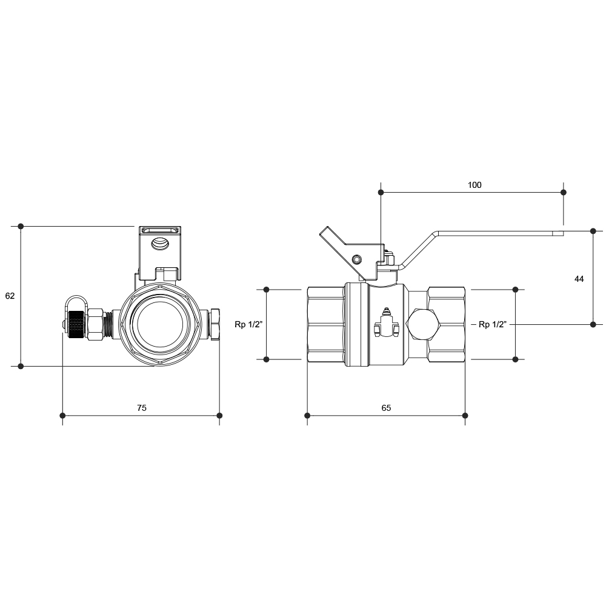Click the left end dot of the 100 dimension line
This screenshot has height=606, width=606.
(x=381, y=192)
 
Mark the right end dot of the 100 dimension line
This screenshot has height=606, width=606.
(x=564, y=192)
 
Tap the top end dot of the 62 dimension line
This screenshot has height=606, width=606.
(x=21, y=226)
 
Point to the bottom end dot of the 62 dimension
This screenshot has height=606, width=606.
(x=21, y=366)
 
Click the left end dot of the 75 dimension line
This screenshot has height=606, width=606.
(x=62, y=416)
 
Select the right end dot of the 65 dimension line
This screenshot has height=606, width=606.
(x=465, y=416)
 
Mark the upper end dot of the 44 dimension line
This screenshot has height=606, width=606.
(x=593, y=231)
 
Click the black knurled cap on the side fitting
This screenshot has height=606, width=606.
(x=78, y=324)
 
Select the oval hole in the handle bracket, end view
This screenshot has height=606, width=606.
(x=160, y=244)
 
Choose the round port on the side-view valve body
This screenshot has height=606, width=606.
(x=423, y=324)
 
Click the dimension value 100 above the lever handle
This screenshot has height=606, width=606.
(x=474, y=185)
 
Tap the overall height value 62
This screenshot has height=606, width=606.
(x=10, y=296)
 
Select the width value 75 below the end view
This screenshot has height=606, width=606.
(x=141, y=408)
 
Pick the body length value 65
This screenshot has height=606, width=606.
(x=386, y=408)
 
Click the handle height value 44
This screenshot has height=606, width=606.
(x=579, y=279)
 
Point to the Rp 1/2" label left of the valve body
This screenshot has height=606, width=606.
(x=248, y=324)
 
